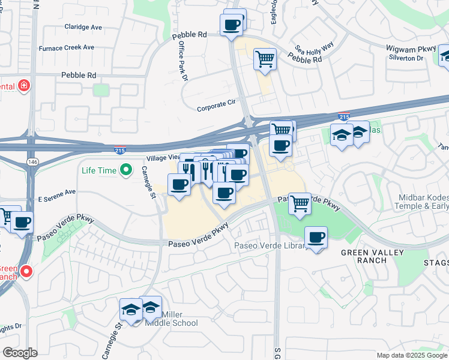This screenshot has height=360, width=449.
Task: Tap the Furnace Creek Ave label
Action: (x=67, y=47)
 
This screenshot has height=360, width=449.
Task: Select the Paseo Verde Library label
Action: (x=271, y=245)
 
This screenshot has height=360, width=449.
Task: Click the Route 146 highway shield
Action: (x=31, y=162)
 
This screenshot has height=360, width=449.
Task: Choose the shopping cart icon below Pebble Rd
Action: (x=265, y=59)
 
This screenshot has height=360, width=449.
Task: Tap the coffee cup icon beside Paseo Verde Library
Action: (x=316, y=237)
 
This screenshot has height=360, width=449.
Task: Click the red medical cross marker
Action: (x=24, y=86)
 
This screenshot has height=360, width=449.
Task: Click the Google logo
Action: (x=19, y=353)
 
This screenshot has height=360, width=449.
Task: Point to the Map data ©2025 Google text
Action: (x=412, y=355)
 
